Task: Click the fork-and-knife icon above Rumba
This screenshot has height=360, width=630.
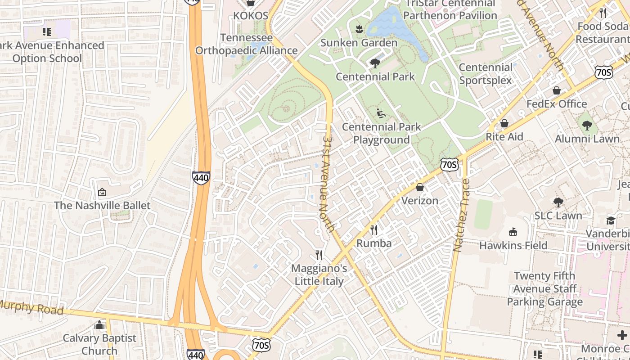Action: coord(373,230)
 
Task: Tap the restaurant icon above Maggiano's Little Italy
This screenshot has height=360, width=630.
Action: coord(319,256)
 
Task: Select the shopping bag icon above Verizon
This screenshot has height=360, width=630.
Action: coord(420,187)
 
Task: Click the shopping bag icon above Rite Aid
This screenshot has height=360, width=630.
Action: coord(504,123)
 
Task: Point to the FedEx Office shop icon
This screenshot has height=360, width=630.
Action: coord(557,90)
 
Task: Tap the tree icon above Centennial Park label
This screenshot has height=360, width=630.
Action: coord(375,63)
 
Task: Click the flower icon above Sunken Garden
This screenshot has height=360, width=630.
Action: coord(359,30)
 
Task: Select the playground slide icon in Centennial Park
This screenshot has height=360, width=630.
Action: coord(381,113)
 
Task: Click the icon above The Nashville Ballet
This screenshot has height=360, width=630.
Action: coord(102,193)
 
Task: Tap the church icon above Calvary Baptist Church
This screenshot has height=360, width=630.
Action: coord(100,325)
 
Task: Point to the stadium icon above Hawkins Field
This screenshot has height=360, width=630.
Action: coord(513,232)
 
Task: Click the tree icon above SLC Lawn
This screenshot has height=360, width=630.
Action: coord(558,202)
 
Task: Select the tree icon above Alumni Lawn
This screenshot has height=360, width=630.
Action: coord(587,126)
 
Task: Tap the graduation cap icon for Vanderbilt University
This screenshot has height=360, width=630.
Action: coord(611,220)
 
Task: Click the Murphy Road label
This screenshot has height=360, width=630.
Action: coord(31,308)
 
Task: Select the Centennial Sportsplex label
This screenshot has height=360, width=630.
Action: coord(486,74)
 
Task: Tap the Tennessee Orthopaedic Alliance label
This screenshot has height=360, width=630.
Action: coord(246,44)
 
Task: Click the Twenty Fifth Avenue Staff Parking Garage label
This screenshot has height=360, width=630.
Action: coord(544,288)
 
